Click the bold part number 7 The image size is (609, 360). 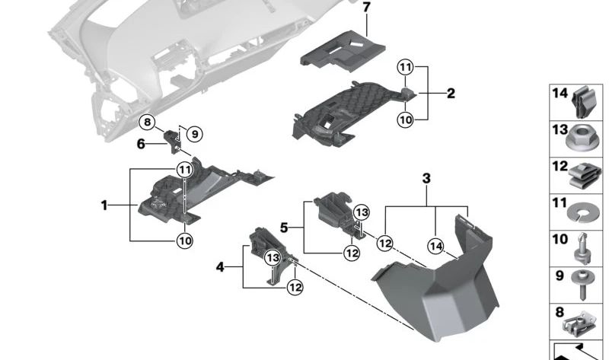tap(366, 8)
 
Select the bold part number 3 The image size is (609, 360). tap(426, 178)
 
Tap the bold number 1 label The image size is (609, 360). tap(104, 205)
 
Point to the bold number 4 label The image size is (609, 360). tap(220, 267)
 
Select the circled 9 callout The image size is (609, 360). tap(193, 134)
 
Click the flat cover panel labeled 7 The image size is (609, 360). tap(334, 49)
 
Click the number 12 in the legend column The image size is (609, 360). tap(560, 165)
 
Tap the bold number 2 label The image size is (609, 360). tap(451, 94)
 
